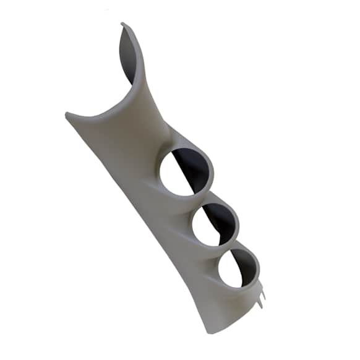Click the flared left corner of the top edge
[67, 114]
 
